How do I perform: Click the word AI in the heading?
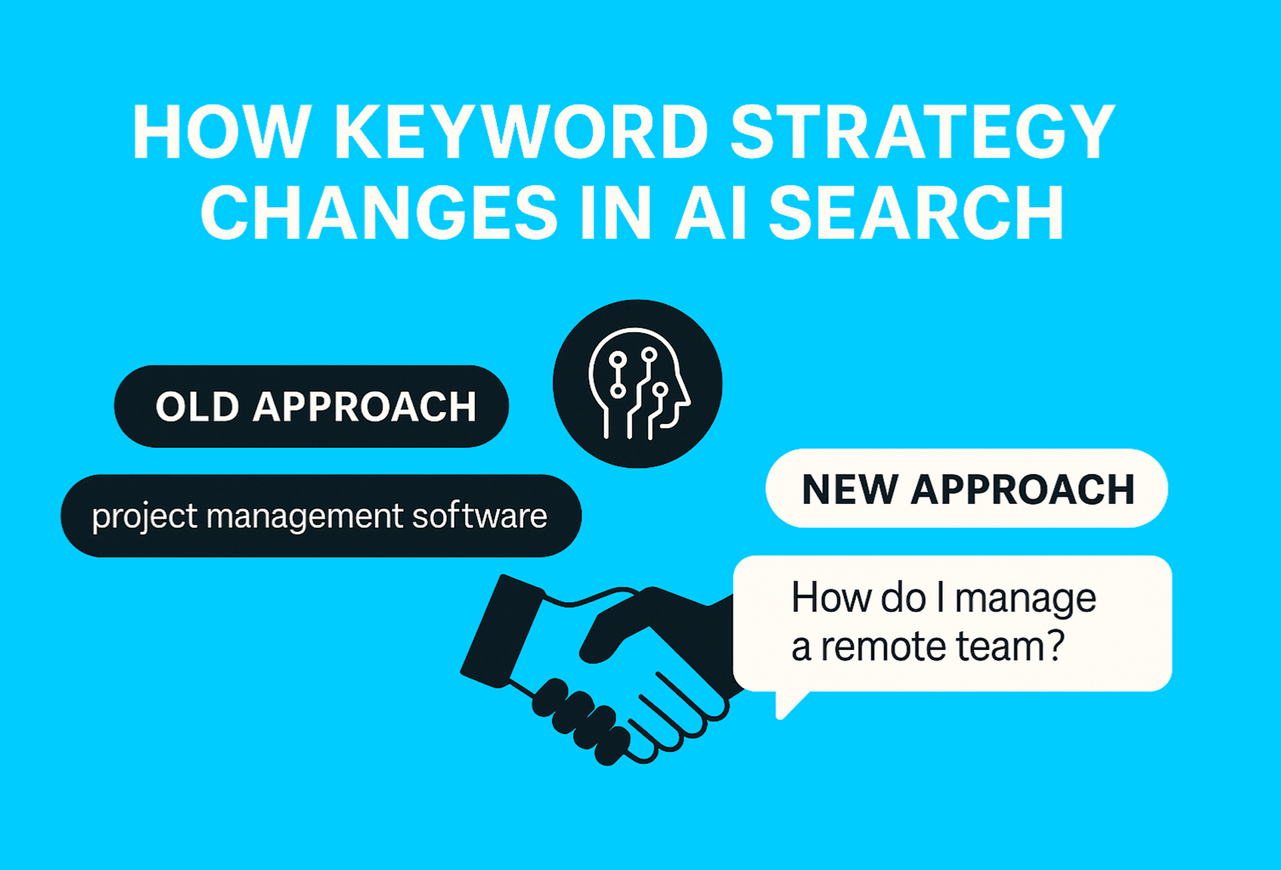[x=710, y=213]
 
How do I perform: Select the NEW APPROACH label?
[x=967, y=489]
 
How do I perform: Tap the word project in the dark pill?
[x=145, y=517]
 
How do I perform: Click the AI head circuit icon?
[x=637, y=383]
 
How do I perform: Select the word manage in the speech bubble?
[x=1025, y=599]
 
